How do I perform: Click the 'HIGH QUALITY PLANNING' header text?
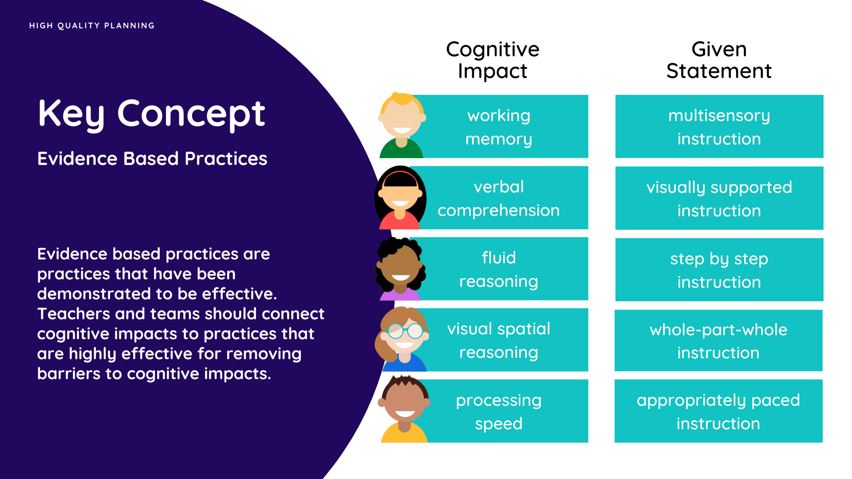[x=92, y=26]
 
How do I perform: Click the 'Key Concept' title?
[x=151, y=114]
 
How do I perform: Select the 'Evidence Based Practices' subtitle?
[x=152, y=158]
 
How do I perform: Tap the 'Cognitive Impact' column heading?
[x=493, y=60]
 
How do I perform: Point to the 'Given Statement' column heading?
[x=719, y=60]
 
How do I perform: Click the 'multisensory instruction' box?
[x=719, y=126]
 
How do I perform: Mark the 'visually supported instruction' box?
[x=719, y=198]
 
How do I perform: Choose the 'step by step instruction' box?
[x=719, y=270]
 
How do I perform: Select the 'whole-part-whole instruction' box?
[x=718, y=341]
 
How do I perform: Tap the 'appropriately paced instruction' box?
[x=718, y=411]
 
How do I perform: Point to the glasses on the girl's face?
[x=406, y=331]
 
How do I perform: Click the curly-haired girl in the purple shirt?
[x=401, y=269]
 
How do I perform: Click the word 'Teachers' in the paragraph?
[x=73, y=314]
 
